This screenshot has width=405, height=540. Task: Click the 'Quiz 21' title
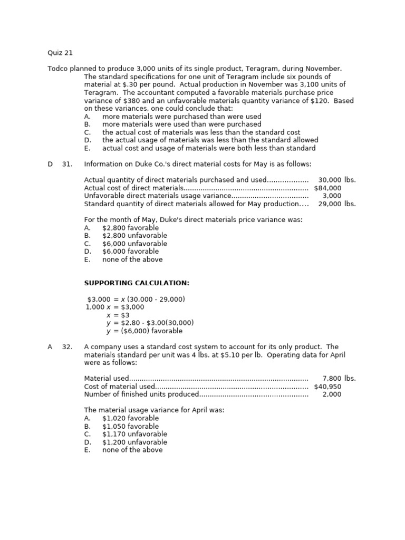(60, 53)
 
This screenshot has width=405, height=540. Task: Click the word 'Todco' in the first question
(59, 69)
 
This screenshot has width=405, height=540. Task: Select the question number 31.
(67, 164)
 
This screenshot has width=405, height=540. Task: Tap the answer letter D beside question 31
(50, 164)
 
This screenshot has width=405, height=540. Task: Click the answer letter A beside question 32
(50, 346)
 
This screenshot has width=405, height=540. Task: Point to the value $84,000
(327, 188)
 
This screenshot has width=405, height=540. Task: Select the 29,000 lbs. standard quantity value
(337, 204)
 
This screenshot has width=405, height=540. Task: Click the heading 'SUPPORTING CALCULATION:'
(137, 283)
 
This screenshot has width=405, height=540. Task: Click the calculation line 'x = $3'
(118, 315)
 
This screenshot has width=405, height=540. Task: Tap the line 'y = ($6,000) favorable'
(144, 331)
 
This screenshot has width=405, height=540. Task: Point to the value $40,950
(327, 386)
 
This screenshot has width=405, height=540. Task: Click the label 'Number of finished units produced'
(141, 394)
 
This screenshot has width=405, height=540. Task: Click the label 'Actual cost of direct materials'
(133, 188)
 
